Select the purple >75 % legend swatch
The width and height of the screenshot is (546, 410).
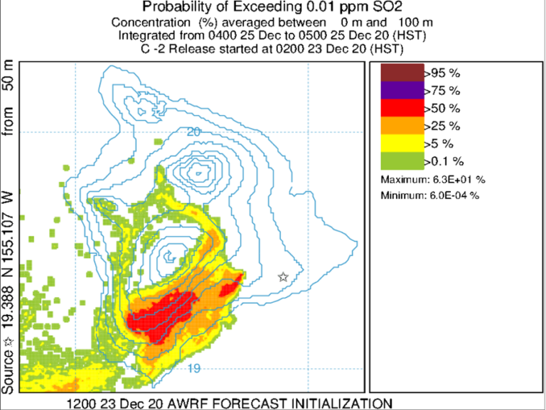tap(402, 91)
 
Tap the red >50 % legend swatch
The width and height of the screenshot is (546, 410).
tap(402, 108)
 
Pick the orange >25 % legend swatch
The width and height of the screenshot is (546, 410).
tap(402, 125)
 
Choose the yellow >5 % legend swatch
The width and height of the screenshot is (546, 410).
tap(402, 143)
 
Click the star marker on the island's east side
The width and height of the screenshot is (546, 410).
tap(283, 277)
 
